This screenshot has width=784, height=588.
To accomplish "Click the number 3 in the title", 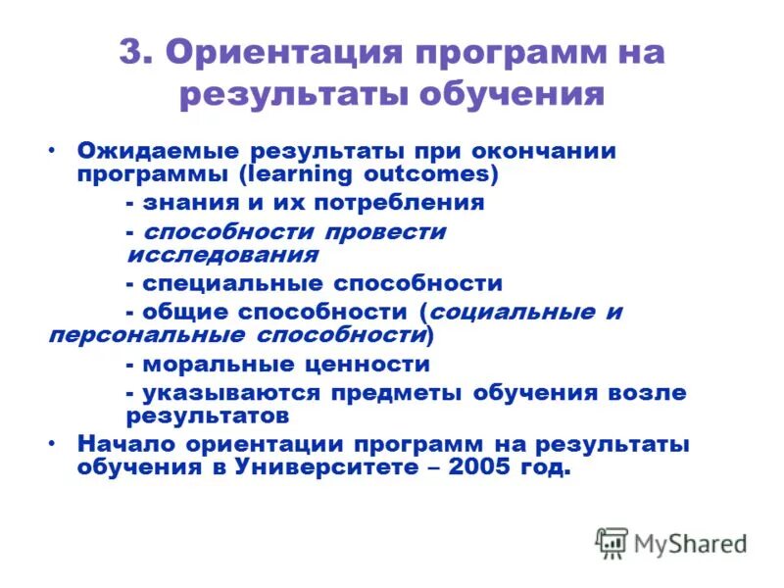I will (x=132, y=53).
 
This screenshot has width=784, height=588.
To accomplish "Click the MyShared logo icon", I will (x=612, y=542).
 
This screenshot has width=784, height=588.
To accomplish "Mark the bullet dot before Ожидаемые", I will (x=52, y=152).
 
